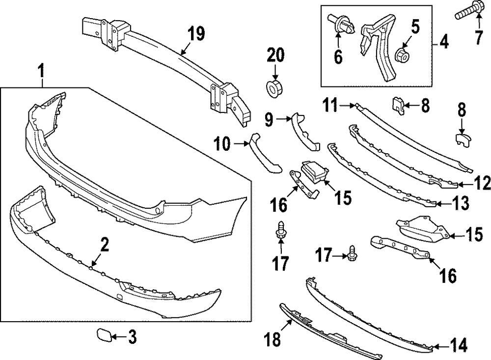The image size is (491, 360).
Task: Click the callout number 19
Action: click(x=195, y=35)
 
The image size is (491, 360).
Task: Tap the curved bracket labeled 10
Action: click(x=265, y=154)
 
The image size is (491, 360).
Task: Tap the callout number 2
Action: click(x=104, y=244)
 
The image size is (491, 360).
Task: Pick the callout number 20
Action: click(x=275, y=55)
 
